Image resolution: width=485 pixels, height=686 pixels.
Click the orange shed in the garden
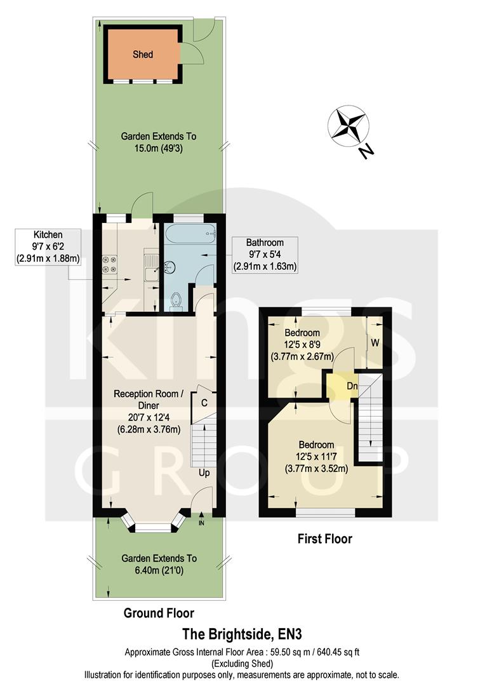143,54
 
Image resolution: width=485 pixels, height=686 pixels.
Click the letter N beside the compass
364,151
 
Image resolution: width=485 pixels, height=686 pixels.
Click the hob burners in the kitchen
107,264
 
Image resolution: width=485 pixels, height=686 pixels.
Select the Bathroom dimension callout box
265,254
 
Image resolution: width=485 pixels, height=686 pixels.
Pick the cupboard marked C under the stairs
204,401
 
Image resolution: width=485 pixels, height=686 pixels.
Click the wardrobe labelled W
375,343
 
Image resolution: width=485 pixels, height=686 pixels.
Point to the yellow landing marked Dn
341,386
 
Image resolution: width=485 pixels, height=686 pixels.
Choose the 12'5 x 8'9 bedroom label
302,344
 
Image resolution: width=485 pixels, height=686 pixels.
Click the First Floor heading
324,539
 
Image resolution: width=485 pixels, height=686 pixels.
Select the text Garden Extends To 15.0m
158,142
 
